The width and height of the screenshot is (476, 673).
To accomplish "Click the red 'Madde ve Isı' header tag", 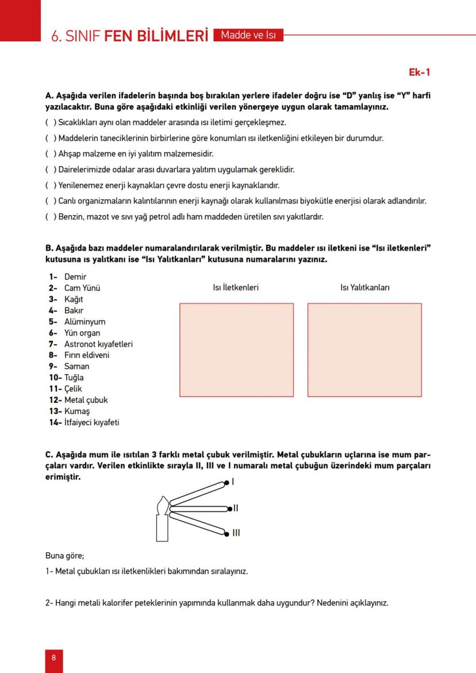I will coord(248,35).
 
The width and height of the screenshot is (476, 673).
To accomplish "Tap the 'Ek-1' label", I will coord(419,72).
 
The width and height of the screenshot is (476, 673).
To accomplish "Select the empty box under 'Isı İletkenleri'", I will coord(236,349).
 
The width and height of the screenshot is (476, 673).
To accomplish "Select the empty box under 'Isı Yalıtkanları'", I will coord(364,349).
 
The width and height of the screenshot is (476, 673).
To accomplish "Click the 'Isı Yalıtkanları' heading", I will coord(364,287).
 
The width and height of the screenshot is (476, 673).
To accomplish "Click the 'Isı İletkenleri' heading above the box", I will coord(236,287).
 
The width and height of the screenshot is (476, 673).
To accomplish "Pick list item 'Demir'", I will coord(75,277).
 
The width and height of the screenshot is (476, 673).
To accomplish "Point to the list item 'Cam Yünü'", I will coord(82,288).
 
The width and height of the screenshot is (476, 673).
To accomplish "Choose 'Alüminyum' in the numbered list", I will coord(85,322).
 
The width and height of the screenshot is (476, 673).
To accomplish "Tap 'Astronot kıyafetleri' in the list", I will coord(98,344).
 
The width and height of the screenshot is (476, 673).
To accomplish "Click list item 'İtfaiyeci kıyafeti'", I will coord(91,422).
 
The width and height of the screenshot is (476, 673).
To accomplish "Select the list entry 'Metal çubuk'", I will coord(86,400).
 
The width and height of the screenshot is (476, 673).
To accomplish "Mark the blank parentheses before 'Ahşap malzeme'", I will coord(51,154).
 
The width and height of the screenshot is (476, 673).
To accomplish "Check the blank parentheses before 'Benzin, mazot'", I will coord(51,217).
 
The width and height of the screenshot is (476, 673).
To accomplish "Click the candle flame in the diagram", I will coord(163,506).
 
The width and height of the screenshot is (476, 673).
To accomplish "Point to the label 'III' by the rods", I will coord(236,533).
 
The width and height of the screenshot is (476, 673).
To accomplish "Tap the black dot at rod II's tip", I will coord(229,509).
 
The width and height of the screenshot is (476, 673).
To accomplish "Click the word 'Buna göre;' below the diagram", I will coord(64,556).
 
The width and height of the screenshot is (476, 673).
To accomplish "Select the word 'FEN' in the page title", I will coord(118,36).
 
